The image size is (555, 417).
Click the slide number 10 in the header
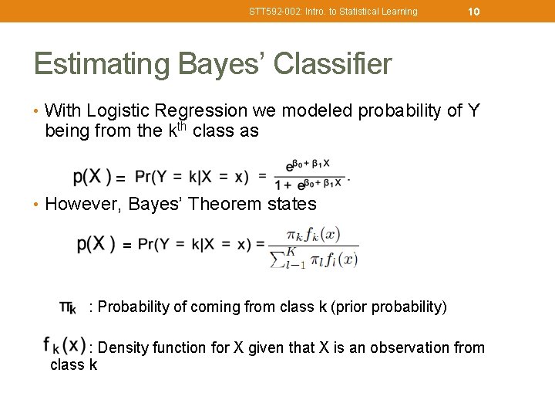click(474, 11)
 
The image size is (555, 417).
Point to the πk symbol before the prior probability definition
click(68, 307)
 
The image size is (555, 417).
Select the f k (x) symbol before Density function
click(65, 345)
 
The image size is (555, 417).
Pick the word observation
click(410, 348)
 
